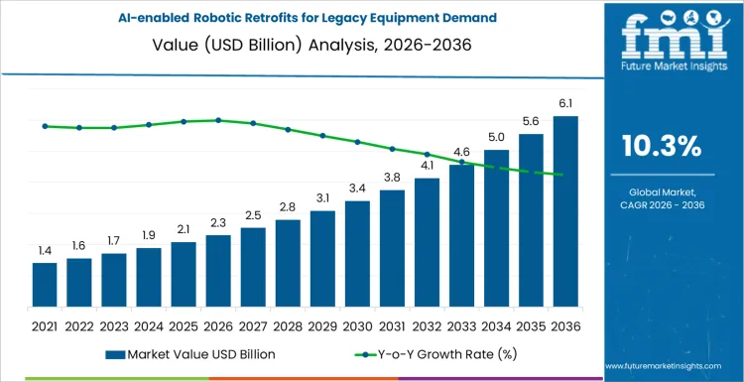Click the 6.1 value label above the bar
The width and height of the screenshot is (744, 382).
click(x=565, y=104)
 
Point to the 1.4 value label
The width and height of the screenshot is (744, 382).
click(x=45, y=251)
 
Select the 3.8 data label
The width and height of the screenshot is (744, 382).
click(x=392, y=178)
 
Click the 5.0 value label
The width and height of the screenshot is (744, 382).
click(x=496, y=137)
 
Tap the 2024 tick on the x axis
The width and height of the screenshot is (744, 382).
click(x=149, y=324)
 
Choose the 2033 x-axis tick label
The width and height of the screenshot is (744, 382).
click(x=461, y=324)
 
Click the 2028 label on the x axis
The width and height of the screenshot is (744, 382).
click(x=288, y=324)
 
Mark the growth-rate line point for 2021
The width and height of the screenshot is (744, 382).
click(x=45, y=126)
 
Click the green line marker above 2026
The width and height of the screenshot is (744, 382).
click(x=218, y=120)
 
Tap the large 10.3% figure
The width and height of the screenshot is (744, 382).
click(x=661, y=146)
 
